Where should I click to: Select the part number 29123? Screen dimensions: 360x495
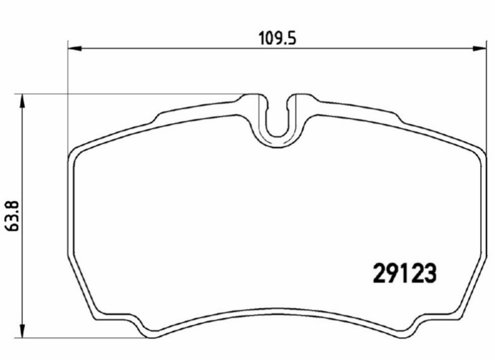click(405, 273)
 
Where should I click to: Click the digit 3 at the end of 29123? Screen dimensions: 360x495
click(430, 273)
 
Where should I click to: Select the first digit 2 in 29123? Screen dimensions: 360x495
click(380, 273)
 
